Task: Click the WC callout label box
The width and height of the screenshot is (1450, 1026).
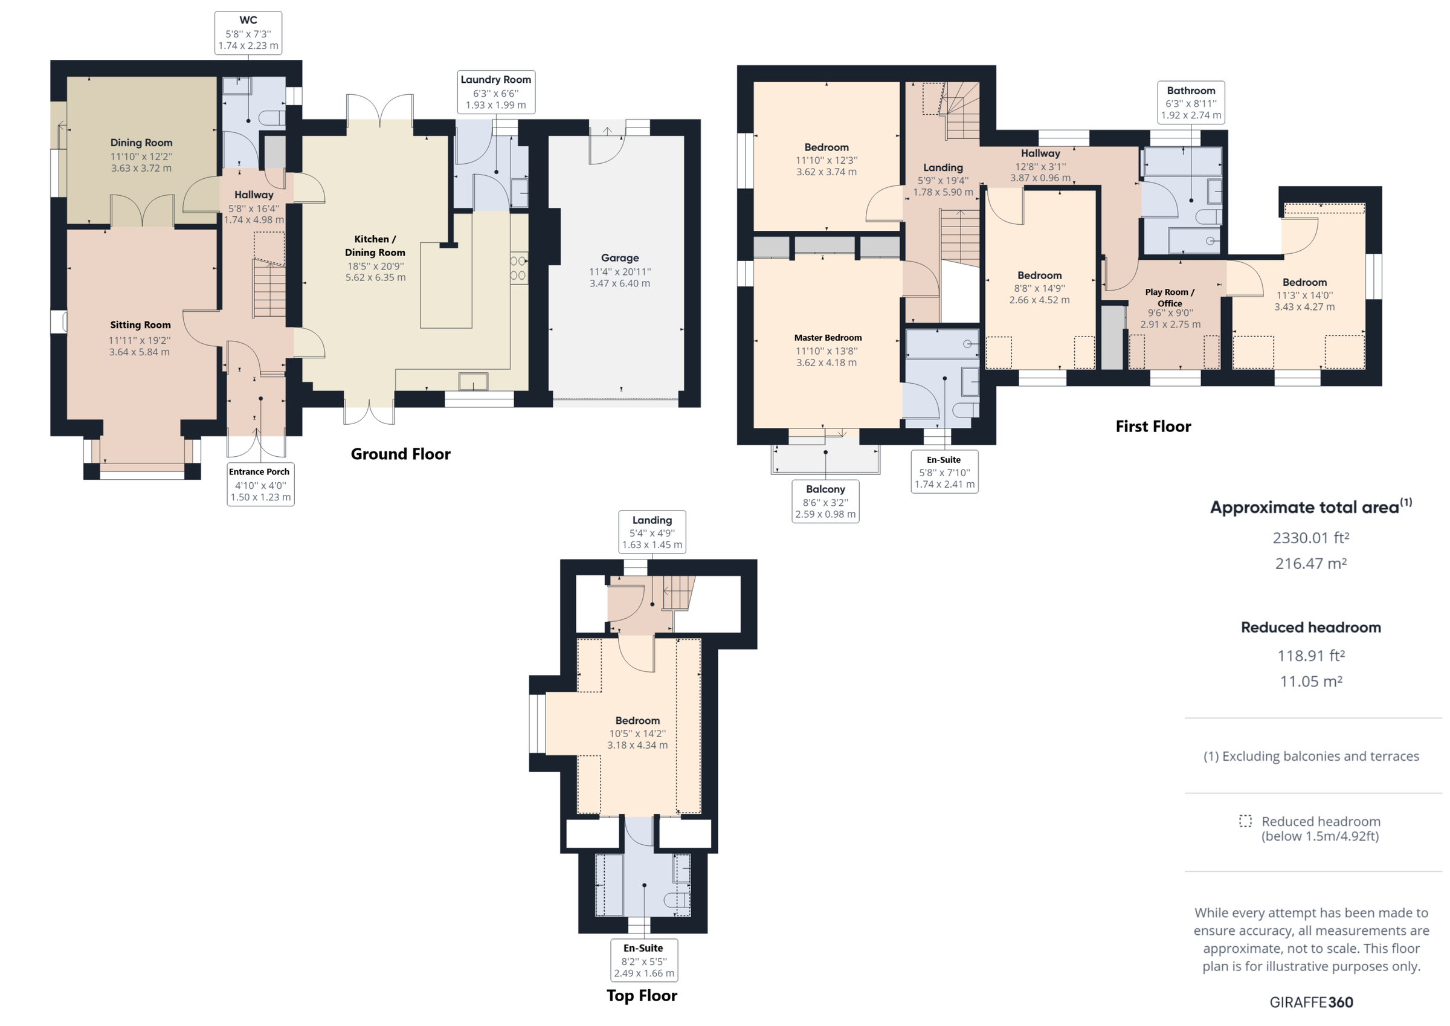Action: click(x=248, y=33)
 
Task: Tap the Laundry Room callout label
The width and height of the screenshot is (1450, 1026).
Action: click(x=496, y=92)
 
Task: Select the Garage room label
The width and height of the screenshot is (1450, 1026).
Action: click(x=619, y=258)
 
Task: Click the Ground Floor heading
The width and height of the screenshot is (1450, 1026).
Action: click(x=401, y=454)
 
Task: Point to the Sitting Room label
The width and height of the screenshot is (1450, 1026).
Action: click(x=140, y=324)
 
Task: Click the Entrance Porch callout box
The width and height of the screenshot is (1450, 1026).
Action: click(x=260, y=484)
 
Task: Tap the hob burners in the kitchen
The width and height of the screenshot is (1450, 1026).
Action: click(x=518, y=268)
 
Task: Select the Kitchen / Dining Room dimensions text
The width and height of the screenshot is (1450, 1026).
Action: click(x=375, y=272)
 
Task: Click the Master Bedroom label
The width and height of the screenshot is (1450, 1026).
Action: click(x=827, y=338)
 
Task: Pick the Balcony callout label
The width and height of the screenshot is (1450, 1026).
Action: click(x=825, y=502)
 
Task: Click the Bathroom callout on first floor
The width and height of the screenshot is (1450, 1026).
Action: click(x=1190, y=102)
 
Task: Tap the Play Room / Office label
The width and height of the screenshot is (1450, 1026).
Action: click(x=1170, y=297)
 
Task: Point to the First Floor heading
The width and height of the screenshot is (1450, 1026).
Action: click(x=1153, y=427)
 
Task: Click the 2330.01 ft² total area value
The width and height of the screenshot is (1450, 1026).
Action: click(x=1310, y=538)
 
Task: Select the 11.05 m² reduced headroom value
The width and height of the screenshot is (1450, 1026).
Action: click(x=1310, y=681)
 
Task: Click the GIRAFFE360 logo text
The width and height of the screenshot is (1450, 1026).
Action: click(x=1311, y=1002)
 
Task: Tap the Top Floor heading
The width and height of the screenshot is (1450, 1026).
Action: click(x=642, y=996)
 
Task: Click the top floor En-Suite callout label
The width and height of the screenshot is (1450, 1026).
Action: click(x=643, y=960)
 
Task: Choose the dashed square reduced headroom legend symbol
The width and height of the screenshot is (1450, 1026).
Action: click(x=1245, y=821)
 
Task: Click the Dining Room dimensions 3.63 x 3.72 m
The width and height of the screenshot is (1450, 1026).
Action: click(x=141, y=168)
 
